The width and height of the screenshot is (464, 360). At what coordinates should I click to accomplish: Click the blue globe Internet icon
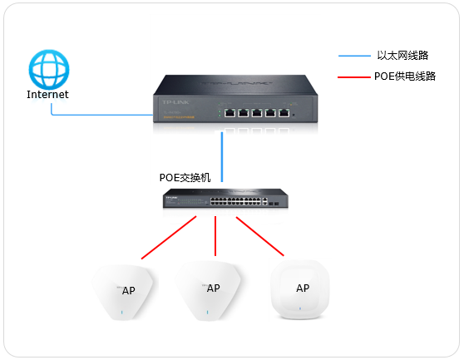pyautogui.click(x=47, y=67)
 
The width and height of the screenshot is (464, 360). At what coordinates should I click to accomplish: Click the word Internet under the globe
pyautogui.click(x=47, y=95)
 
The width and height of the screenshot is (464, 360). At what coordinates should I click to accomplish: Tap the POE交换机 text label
pyautogui.click(x=185, y=177)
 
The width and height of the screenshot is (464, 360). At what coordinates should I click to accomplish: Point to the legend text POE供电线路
pyautogui.click(x=406, y=76)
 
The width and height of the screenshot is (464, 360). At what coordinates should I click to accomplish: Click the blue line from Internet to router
pyautogui.click(x=100, y=114)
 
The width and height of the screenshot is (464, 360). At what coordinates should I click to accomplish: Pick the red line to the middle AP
pyautogui.click(x=216, y=236)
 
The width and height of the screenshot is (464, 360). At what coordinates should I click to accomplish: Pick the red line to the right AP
pyautogui.click(x=260, y=236)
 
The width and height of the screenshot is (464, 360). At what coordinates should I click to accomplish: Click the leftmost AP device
pyautogui.click(x=123, y=292)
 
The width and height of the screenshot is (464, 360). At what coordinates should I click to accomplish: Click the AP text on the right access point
pyautogui.click(x=302, y=288)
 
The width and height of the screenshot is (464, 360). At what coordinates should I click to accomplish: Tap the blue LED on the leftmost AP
pyautogui.click(x=122, y=313)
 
